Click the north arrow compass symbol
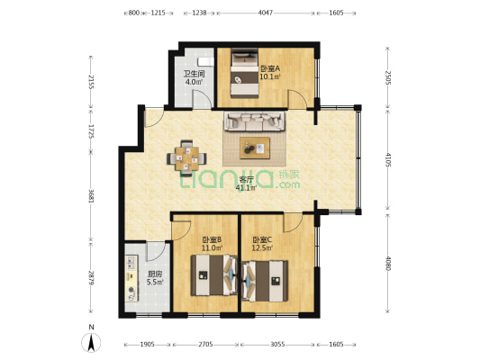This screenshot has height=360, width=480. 91,343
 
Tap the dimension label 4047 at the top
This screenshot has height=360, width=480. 265,13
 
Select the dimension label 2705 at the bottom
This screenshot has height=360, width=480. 205,345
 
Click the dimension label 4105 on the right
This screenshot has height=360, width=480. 387,159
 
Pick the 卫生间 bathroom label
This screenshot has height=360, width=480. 194,74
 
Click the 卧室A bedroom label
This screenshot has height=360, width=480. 270,68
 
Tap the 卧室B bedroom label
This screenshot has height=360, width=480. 212,239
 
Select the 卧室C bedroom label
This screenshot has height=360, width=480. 262,239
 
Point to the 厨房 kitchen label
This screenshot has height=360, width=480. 155,274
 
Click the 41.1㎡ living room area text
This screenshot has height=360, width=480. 246,187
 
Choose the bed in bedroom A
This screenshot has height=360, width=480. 245,74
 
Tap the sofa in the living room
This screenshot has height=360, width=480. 254,121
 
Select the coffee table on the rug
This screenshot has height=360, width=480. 255,148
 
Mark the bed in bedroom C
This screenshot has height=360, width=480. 265,281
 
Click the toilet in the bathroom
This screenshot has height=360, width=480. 205,61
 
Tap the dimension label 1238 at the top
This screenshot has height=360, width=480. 199,13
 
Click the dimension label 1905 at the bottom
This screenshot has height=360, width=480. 148,345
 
